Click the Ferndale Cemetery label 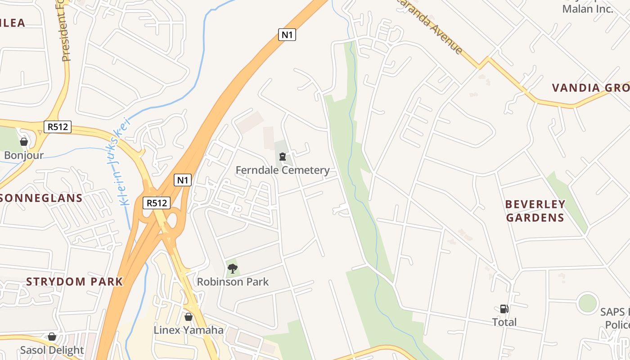[x=283, y=170]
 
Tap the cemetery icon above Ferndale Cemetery [x=283, y=157]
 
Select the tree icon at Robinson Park [x=233, y=269]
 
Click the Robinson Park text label [x=233, y=282]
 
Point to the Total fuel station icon [x=504, y=309]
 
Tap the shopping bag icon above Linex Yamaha [x=189, y=317]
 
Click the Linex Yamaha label [x=189, y=330]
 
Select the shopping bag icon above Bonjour [x=24, y=142]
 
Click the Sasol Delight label [x=52, y=350]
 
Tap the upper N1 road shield [x=287, y=34]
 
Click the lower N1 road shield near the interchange [x=183, y=180]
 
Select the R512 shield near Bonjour [x=58, y=127]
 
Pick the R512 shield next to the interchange [x=157, y=203]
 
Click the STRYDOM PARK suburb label [x=74, y=282]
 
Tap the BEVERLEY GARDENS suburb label [x=535, y=211]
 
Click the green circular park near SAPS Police [x=588, y=303]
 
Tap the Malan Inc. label [x=588, y=9]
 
